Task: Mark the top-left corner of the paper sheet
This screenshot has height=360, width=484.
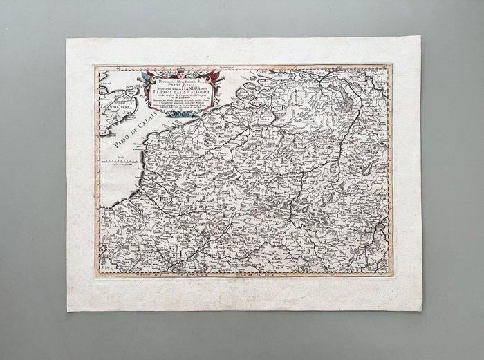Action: pos(66,39)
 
